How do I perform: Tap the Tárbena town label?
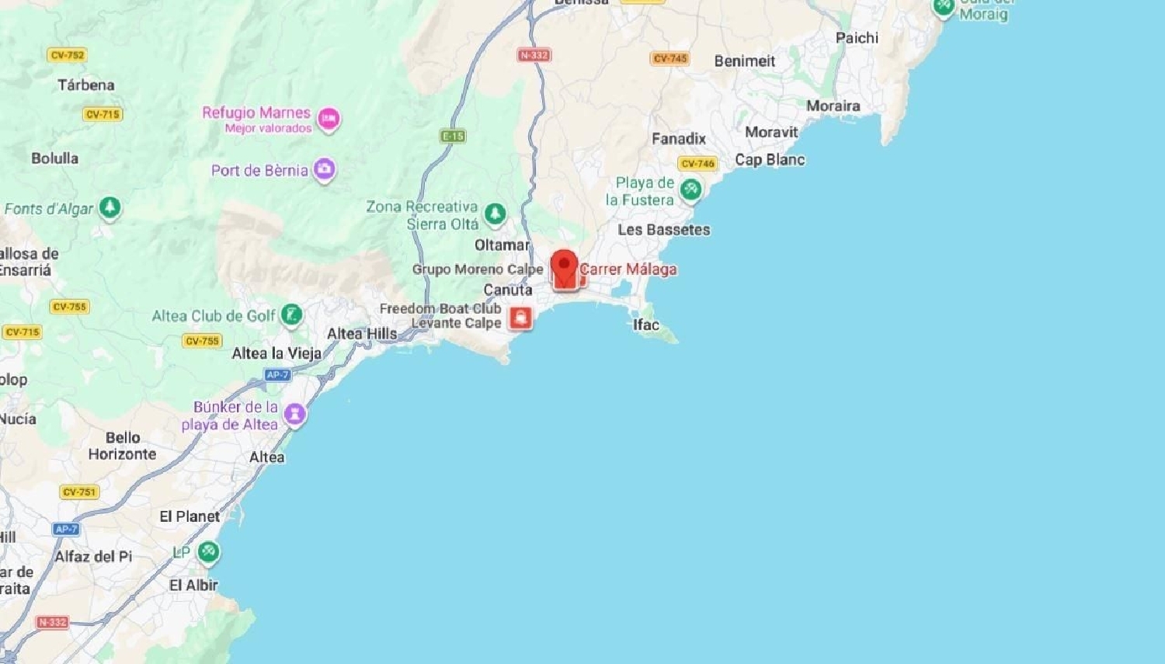pyautogui.click(x=86, y=85)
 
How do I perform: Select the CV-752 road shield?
pyautogui.click(x=68, y=55)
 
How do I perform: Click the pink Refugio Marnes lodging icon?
pyautogui.click(x=329, y=119)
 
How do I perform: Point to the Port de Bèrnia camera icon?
pyautogui.click(x=325, y=169)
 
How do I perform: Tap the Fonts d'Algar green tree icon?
pyautogui.click(x=110, y=207)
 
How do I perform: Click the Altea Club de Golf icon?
pyautogui.click(x=292, y=315)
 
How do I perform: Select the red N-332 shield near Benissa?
pyautogui.click(x=534, y=55)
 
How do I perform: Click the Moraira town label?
pyautogui.click(x=833, y=106)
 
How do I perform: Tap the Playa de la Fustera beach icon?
pyautogui.click(x=690, y=189)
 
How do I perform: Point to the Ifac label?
pyautogui.click(x=645, y=325)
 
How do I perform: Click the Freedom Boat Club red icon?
pyautogui.click(x=520, y=317)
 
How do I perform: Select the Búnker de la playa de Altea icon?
pyautogui.click(x=295, y=414)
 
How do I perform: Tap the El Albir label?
pyautogui.click(x=193, y=585)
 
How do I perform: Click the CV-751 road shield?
pyautogui.click(x=79, y=492)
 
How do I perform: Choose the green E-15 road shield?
pyautogui.click(x=453, y=136)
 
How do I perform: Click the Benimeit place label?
pyautogui.click(x=744, y=61)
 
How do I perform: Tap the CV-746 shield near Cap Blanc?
pyautogui.click(x=697, y=163)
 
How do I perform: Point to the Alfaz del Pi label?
pyautogui.click(x=93, y=556)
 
